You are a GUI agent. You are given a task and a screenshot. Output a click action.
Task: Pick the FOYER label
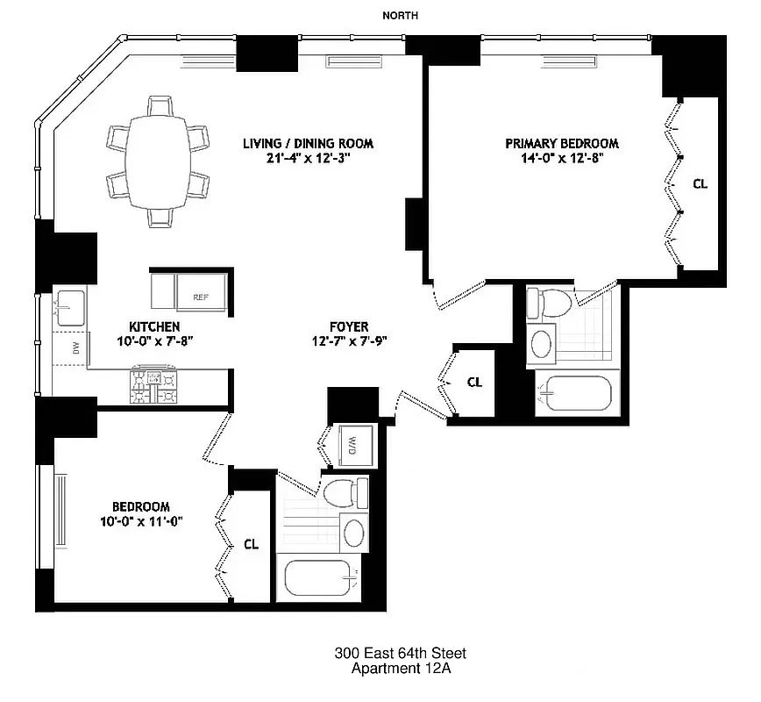click(348, 326)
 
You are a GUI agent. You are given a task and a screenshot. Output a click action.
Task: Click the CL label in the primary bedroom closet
click(699, 184)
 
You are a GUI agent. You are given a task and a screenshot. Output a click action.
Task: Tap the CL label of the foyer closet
click(474, 382)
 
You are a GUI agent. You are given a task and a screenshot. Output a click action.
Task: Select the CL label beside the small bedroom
click(251, 544)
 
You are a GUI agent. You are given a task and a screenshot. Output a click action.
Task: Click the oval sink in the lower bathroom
click(354, 534)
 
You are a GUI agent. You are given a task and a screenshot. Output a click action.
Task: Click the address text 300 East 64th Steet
click(400, 653)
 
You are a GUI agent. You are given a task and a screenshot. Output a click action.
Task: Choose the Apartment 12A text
click(400, 669)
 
